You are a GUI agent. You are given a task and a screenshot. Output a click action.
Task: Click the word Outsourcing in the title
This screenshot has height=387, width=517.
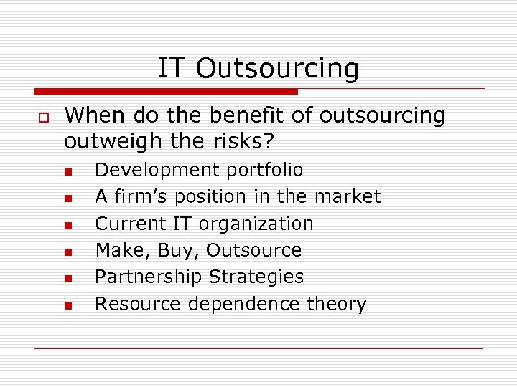pyautogui.click(x=277, y=69)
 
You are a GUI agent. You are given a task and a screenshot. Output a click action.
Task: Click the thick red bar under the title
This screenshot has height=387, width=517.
pyautogui.click(x=166, y=92)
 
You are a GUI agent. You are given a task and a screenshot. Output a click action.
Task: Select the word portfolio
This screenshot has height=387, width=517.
pyautogui.click(x=265, y=170)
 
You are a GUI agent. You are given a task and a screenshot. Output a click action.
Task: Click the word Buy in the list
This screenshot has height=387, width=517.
pyautogui.click(x=182, y=250)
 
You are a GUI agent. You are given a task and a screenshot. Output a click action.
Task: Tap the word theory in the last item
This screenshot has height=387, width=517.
pyautogui.click(x=337, y=304)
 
